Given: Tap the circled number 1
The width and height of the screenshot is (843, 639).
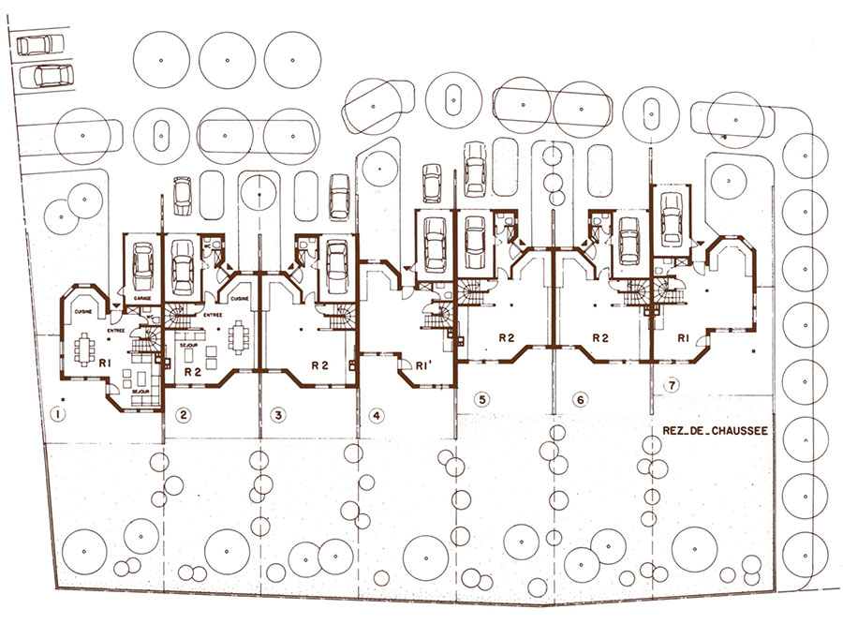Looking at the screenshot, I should click(x=59, y=413).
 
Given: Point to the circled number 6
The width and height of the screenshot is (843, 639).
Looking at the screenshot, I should click(x=581, y=400).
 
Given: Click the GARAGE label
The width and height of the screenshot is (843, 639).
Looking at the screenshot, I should click(x=142, y=298).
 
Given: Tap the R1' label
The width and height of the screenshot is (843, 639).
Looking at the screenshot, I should click(x=422, y=366).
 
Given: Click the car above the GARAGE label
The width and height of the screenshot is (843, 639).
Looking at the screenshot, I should click(x=143, y=267).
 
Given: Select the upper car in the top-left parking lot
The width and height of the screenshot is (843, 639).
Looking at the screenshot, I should click(x=36, y=45).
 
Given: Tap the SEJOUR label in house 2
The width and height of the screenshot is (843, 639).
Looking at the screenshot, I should click(x=185, y=345).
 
